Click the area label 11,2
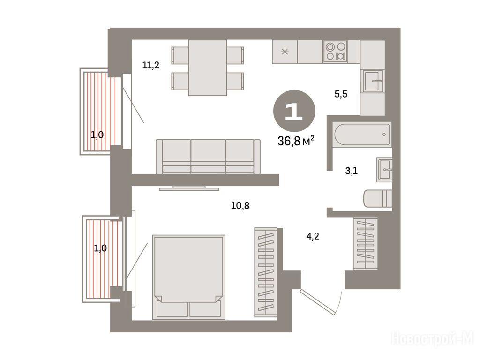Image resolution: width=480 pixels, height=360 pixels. (151, 65)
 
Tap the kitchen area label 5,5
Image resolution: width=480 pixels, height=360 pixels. (341, 94)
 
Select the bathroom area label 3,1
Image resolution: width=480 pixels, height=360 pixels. (352, 171)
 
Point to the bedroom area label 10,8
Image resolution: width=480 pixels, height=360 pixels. (240, 205)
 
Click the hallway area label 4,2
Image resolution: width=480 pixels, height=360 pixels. (313, 236)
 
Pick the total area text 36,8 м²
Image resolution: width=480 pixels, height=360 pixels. (296, 141)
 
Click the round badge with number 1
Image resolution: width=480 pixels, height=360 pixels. (294, 111)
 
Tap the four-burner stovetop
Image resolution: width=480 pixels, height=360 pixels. (335, 52)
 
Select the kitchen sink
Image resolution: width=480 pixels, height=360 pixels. (373, 81)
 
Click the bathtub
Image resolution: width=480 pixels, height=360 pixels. (362, 135)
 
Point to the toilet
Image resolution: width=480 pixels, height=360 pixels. (378, 198)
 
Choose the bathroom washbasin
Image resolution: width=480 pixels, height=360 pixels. (384, 169)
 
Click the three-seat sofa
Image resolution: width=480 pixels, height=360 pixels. (208, 157)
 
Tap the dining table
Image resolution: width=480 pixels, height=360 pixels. (208, 68)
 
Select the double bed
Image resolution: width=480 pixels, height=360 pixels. (188, 277)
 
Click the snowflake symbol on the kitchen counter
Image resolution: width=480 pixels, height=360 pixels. (285, 52)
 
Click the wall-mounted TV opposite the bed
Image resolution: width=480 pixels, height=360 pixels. (189, 187)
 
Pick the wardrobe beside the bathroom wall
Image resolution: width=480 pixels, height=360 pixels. (366, 244)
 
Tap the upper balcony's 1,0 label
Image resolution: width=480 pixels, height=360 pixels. (97, 135)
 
